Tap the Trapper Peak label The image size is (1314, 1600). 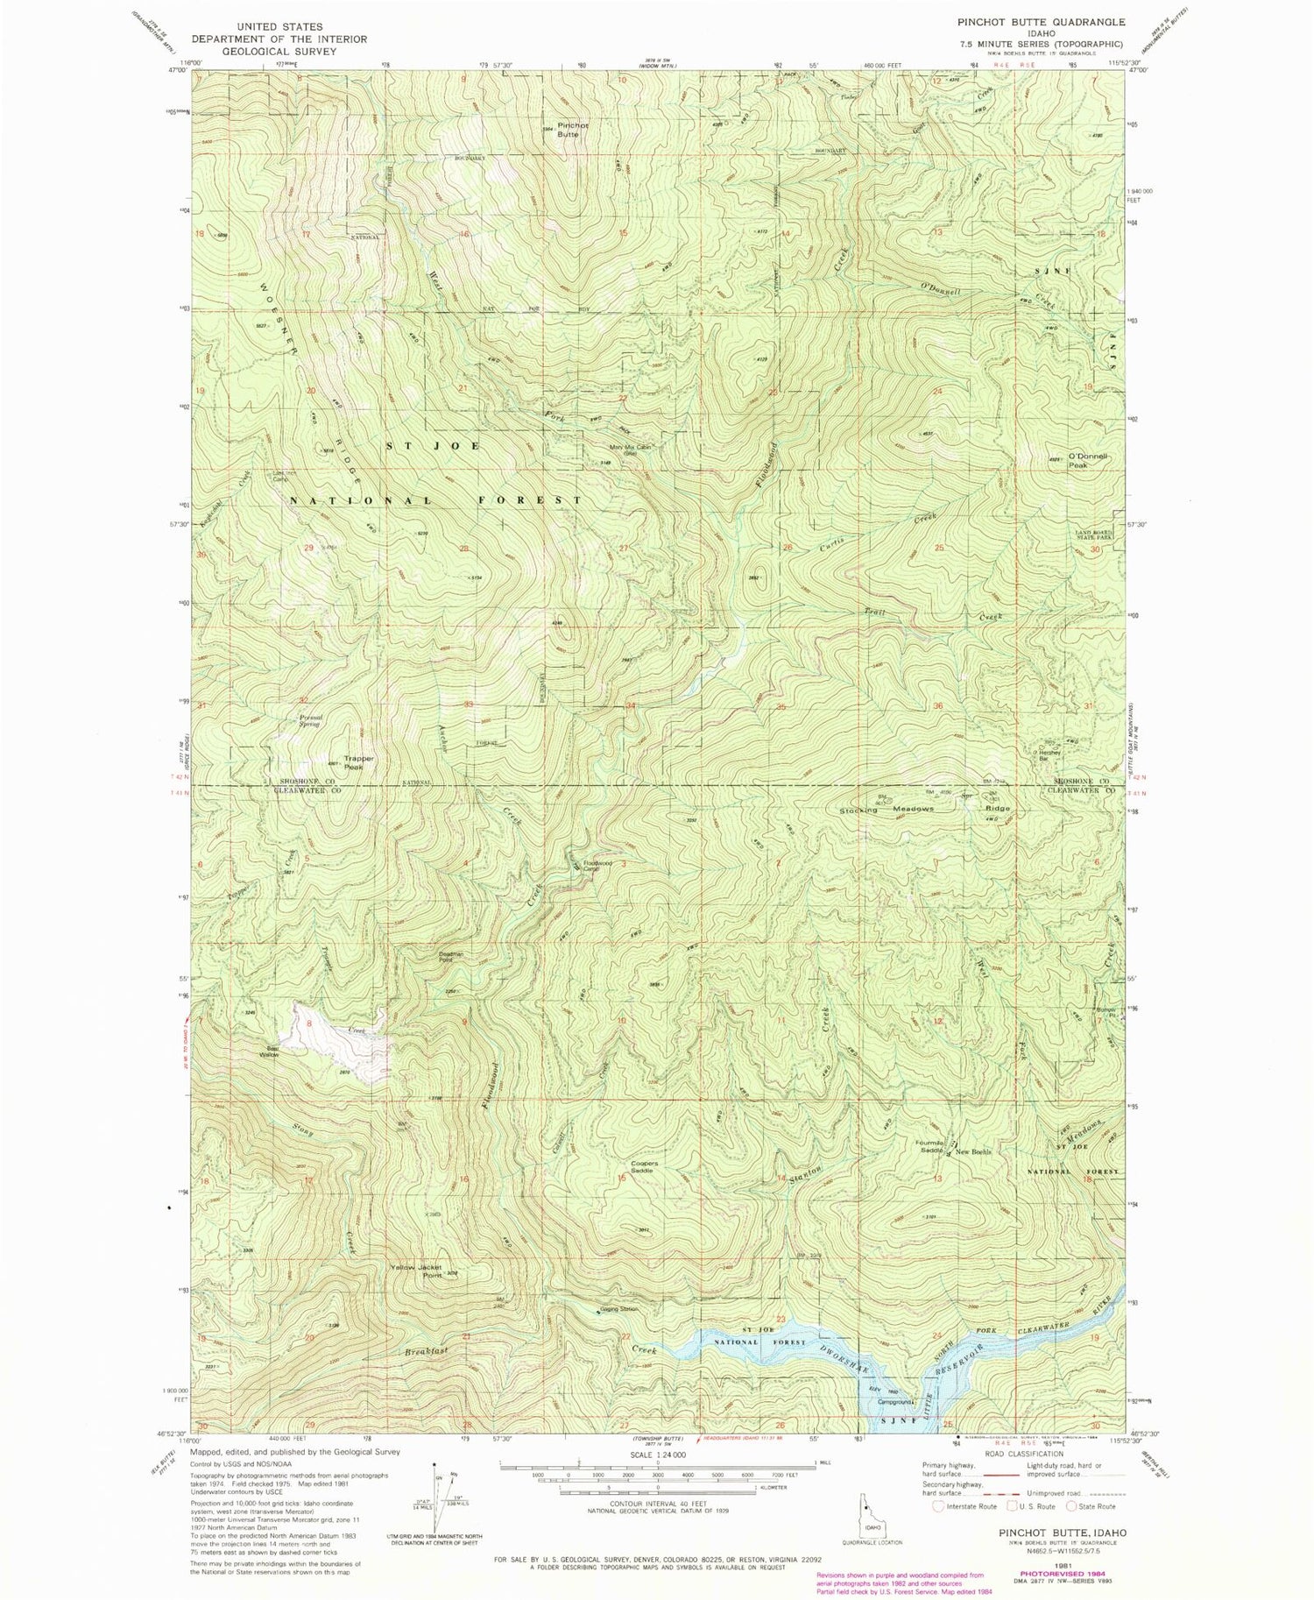click(359, 762)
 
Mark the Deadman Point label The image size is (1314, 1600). click(449, 958)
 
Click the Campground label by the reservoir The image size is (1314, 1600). click(897, 1401)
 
